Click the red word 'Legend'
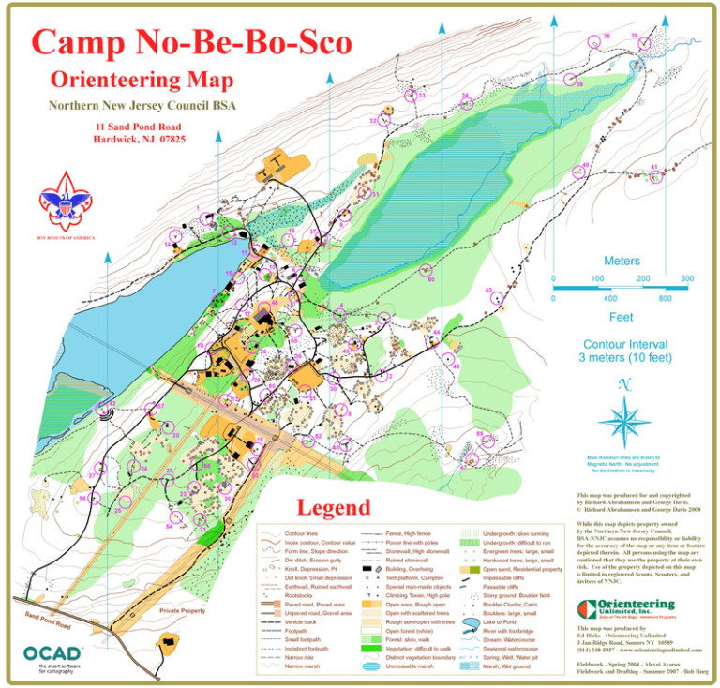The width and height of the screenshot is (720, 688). (x=334, y=509)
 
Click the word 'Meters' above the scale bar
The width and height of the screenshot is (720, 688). (x=622, y=260)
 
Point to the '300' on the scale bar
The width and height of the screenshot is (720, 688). (x=687, y=279)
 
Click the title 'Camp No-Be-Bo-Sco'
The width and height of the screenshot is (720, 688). (x=192, y=42)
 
